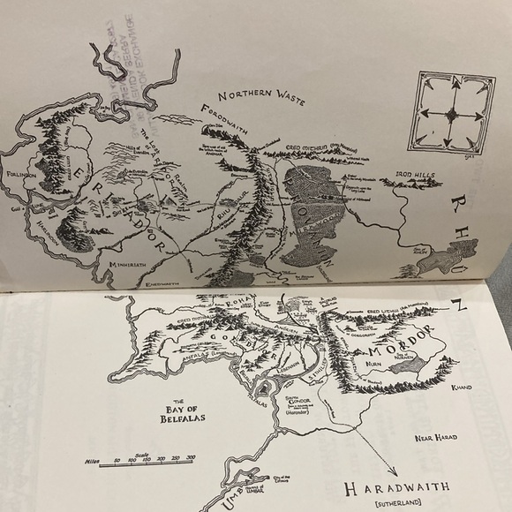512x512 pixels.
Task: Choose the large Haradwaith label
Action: [x=390, y=486]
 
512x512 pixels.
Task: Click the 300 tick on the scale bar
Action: [x=191, y=457]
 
